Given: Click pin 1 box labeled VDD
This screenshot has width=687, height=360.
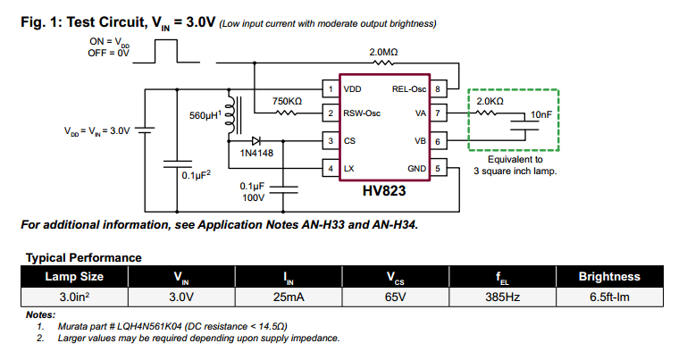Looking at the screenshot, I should pyautogui.click(x=330, y=88).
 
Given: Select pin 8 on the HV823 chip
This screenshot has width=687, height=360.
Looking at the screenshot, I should pyautogui.click(x=438, y=88).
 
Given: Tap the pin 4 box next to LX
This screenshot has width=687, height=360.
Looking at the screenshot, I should pyautogui.click(x=330, y=168).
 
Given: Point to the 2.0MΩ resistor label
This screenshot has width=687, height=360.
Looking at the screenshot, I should pyautogui.click(x=385, y=53).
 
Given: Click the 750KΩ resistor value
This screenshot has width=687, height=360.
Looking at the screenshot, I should pyautogui.click(x=287, y=101).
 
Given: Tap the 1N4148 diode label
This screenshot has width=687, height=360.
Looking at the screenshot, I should pyautogui.click(x=257, y=154).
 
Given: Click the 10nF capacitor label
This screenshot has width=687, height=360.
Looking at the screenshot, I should pyautogui.click(x=540, y=115).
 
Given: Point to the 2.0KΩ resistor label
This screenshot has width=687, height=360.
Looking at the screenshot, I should pyautogui.click(x=489, y=102).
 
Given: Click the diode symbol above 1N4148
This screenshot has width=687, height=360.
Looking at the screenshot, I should pyautogui.click(x=256, y=140).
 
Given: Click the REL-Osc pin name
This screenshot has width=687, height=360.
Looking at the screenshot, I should pyautogui.click(x=409, y=88).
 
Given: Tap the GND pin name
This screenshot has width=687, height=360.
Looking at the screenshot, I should pyautogui.click(x=417, y=168).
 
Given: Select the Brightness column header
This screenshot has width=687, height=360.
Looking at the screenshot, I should pyautogui.click(x=609, y=277).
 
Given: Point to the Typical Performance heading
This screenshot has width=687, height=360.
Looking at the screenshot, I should pyautogui.click(x=83, y=257).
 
